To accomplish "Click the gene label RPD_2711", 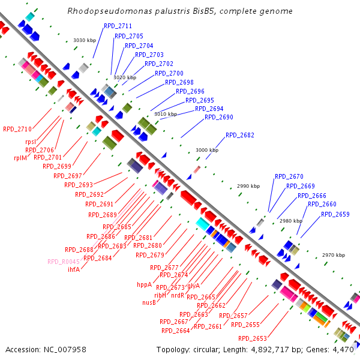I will point(118,26).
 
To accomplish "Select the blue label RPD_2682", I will point(240,135).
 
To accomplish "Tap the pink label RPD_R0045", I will point(64,261).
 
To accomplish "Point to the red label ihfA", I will point(74,269).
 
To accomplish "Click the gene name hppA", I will point(144,285).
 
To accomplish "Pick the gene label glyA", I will point(193,286).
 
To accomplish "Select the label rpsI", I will point(31,142).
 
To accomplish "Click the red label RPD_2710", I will point(17,129).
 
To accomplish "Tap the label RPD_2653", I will point(252,338).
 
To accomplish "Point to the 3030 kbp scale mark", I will point(85,40).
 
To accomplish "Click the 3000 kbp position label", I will point(207,150).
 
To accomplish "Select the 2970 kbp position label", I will point(334,255).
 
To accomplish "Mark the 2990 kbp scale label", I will point(248,186).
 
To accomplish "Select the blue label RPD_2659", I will point(335,214).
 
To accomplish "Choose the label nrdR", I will point(178,295).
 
